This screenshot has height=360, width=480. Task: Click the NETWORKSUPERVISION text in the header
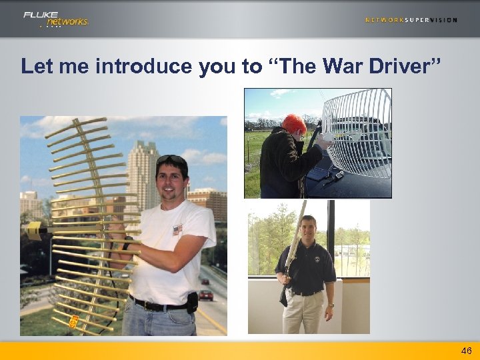[x=411, y=20]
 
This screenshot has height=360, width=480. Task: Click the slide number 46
[x=466, y=351]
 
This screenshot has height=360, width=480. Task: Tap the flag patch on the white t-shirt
[x=177, y=229]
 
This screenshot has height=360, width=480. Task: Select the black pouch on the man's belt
[x=192, y=303]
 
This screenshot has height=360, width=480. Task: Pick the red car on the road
[x=206, y=294]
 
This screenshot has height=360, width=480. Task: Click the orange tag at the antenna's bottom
[x=75, y=322]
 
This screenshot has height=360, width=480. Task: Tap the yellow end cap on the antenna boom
[x=33, y=231]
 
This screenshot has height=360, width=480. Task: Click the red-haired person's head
[x=293, y=124]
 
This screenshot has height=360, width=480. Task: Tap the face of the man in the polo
[x=308, y=228]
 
